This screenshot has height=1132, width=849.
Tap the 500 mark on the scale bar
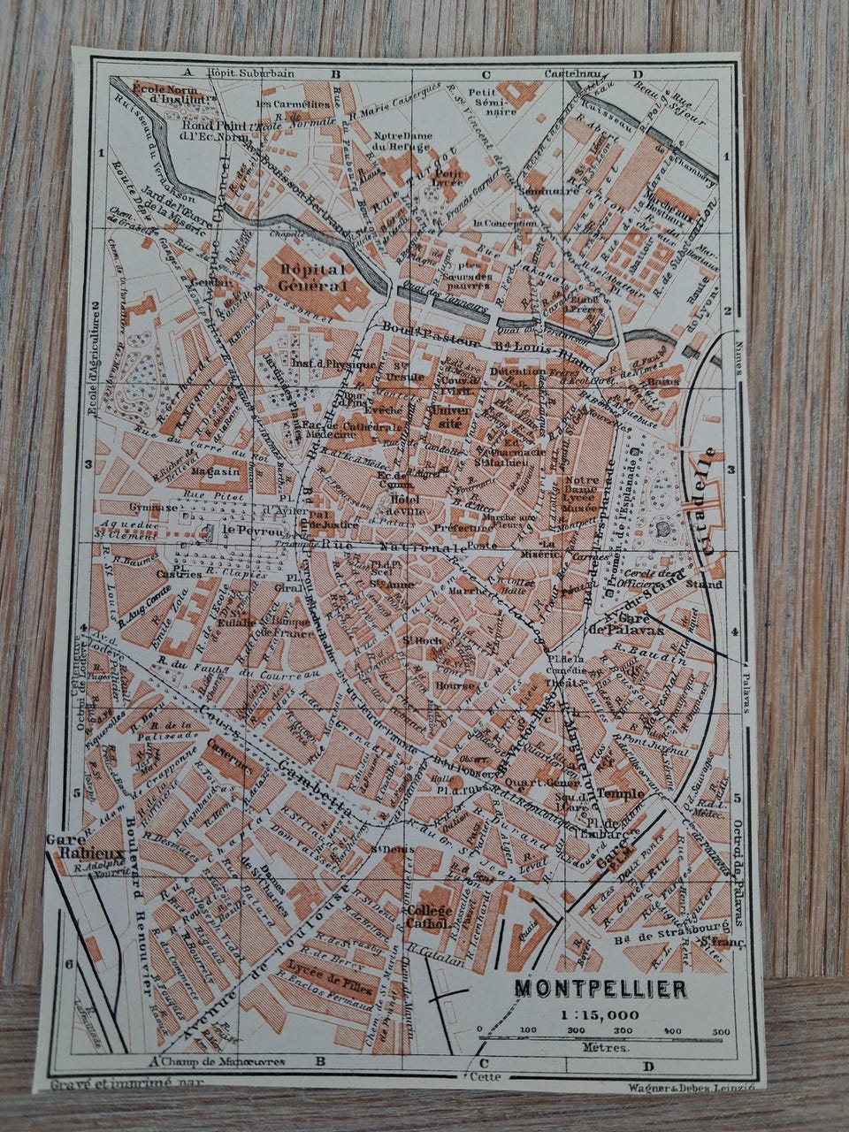(x=720, y=1031)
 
